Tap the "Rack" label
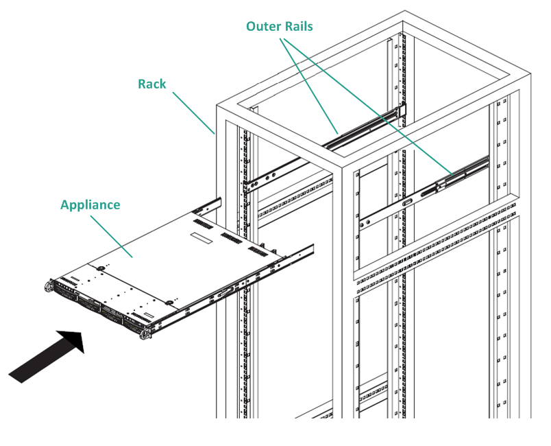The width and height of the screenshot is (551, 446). point(151,84)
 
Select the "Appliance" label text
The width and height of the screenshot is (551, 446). point(90,204)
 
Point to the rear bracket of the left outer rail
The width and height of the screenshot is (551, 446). point(403,110)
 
